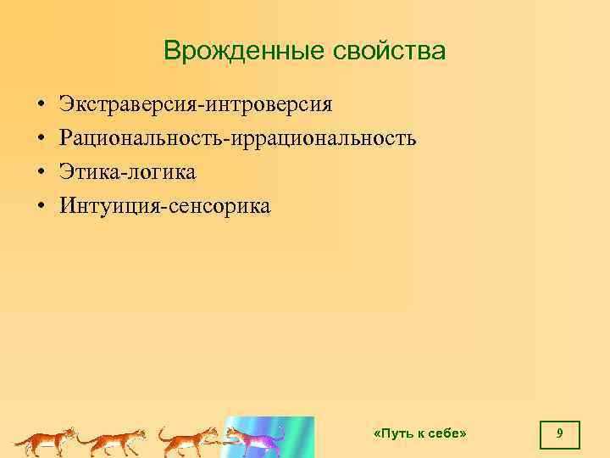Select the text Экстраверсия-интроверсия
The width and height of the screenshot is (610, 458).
tap(196, 104)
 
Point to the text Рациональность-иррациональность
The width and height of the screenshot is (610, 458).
tap(237, 138)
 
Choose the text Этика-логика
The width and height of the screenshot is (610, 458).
tap(127, 172)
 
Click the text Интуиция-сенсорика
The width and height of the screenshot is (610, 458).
tap(164, 206)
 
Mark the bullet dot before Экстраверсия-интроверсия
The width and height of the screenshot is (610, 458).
tap(40, 105)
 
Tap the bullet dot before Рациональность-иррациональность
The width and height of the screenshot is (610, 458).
tap(40, 139)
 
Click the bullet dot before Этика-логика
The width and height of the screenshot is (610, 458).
tap(40, 173)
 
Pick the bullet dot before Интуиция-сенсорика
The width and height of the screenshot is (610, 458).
tap(40, 207)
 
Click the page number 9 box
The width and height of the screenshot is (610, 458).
tap(559, 434)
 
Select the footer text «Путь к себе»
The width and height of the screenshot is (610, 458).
tap(420, 433)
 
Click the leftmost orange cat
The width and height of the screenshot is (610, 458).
tap(47, 441)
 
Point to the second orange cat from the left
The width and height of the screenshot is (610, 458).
tap(114, 441)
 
